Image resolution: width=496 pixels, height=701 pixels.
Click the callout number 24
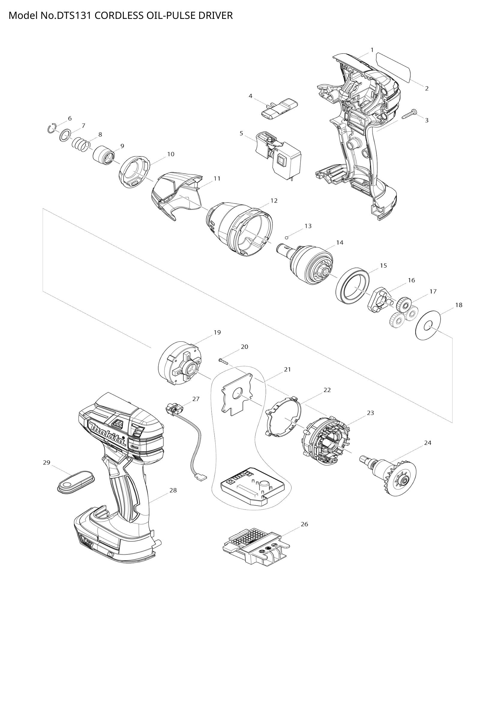tap(427, 443)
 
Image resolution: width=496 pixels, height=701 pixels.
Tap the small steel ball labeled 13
tap(286, 237)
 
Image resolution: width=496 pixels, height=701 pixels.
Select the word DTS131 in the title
tap(73, 15)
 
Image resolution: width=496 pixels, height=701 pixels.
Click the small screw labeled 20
tap(224, 361)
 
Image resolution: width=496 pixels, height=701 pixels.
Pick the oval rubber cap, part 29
tap(76, 483)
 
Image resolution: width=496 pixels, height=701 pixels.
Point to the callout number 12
tap(274, 200)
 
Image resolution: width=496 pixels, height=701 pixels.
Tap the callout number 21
tap(287, 370)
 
